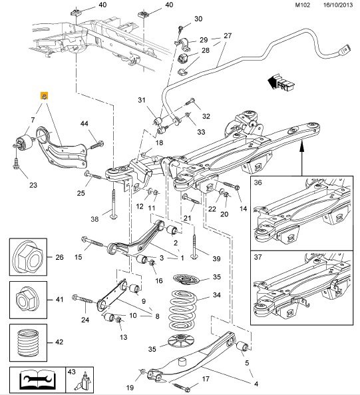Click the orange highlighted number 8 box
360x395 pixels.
tap(45, 96)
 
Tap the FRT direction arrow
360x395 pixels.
tap(281, 83)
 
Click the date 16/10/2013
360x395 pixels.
tap(338, 5)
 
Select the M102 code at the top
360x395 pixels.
tap(302, 5)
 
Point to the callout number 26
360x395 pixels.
tap(59, 257)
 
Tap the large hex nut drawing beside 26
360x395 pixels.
tap(28, 257)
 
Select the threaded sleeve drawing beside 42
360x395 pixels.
tap(28, 342)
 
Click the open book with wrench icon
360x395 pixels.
tap(37, 380)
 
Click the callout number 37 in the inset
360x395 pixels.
tap(258, 257)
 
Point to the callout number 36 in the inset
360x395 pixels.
tap(258, 183)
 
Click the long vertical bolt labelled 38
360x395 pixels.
tap(114, 204)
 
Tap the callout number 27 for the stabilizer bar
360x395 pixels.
tap(228, 36)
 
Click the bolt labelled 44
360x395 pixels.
tap(96, 145)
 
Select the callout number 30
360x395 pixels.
tap(198, 19)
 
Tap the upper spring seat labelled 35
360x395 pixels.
tap(186, 279)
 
